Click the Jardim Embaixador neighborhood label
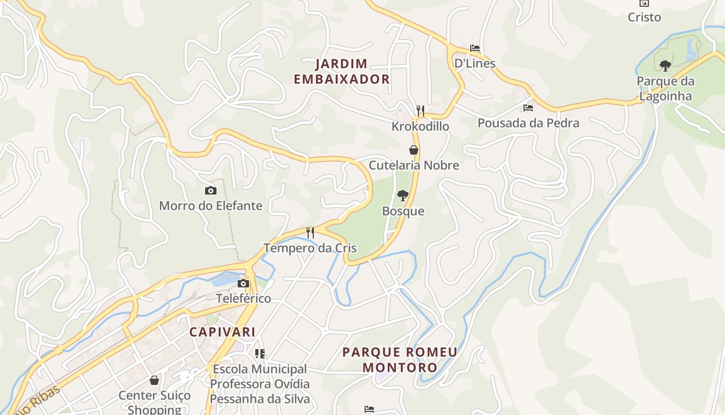pyautogui.click(x=342, y=72)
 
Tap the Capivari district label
pyautogui.click(x=222, y=332)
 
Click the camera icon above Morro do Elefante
pyautogui.click(x=210, y=190)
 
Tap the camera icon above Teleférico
pyautogui.click(x=243, y=283)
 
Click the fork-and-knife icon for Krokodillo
pyautogui.click(x=421, y=110)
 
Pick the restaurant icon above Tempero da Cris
pyautogui.click(x=310, y=232)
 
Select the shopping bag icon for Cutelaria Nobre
pyautogui.click(x=414, y=150)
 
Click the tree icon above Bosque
pyautogui.click(x=403, y=196)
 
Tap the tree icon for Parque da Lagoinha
pyautogui.click(x=665, y=66)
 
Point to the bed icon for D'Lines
pyautogui.click(x=475, y=48)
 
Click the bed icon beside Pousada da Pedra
pyautogui.click(x=528, y=108)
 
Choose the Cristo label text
pyautogui.click(x=644, y=17)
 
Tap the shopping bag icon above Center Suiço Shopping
pyautogui.click(x=154, y=380)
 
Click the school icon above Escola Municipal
pyautogui.click(x=260, y=354)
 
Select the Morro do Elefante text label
pyautogui.click(x=211, y=205)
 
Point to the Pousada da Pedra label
pyautogui.click(x=528, y=123)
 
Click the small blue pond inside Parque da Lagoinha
pyautogui.click(x=690, y=50)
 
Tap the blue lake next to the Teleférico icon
pyautogui.click(x=224, y=281)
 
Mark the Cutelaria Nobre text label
pyautogui.click(x=414, y=165)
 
